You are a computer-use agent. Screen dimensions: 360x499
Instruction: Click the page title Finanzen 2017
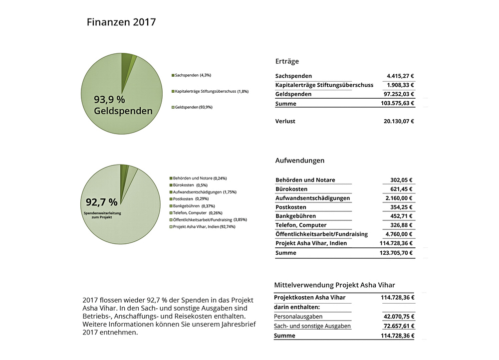[121, 22]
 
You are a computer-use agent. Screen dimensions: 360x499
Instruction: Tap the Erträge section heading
[287, 61]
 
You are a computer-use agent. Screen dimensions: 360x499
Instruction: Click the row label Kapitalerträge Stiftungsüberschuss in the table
[324, 85]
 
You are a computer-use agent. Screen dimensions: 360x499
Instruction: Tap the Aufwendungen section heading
[300, 161]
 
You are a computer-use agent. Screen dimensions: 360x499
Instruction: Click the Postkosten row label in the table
[291, 207]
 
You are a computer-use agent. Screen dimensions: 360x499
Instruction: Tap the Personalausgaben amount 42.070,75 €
[398, 317]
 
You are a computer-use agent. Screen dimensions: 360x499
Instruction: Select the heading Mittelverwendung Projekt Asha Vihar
[334, 285]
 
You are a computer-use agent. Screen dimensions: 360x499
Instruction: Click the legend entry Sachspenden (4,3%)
[193, 75]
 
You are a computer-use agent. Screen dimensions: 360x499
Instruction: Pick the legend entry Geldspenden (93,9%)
[194, 108]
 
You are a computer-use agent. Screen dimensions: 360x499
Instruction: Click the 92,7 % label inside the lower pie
[102, 202]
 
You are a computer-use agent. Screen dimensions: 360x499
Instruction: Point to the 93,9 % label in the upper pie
[109, 100]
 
